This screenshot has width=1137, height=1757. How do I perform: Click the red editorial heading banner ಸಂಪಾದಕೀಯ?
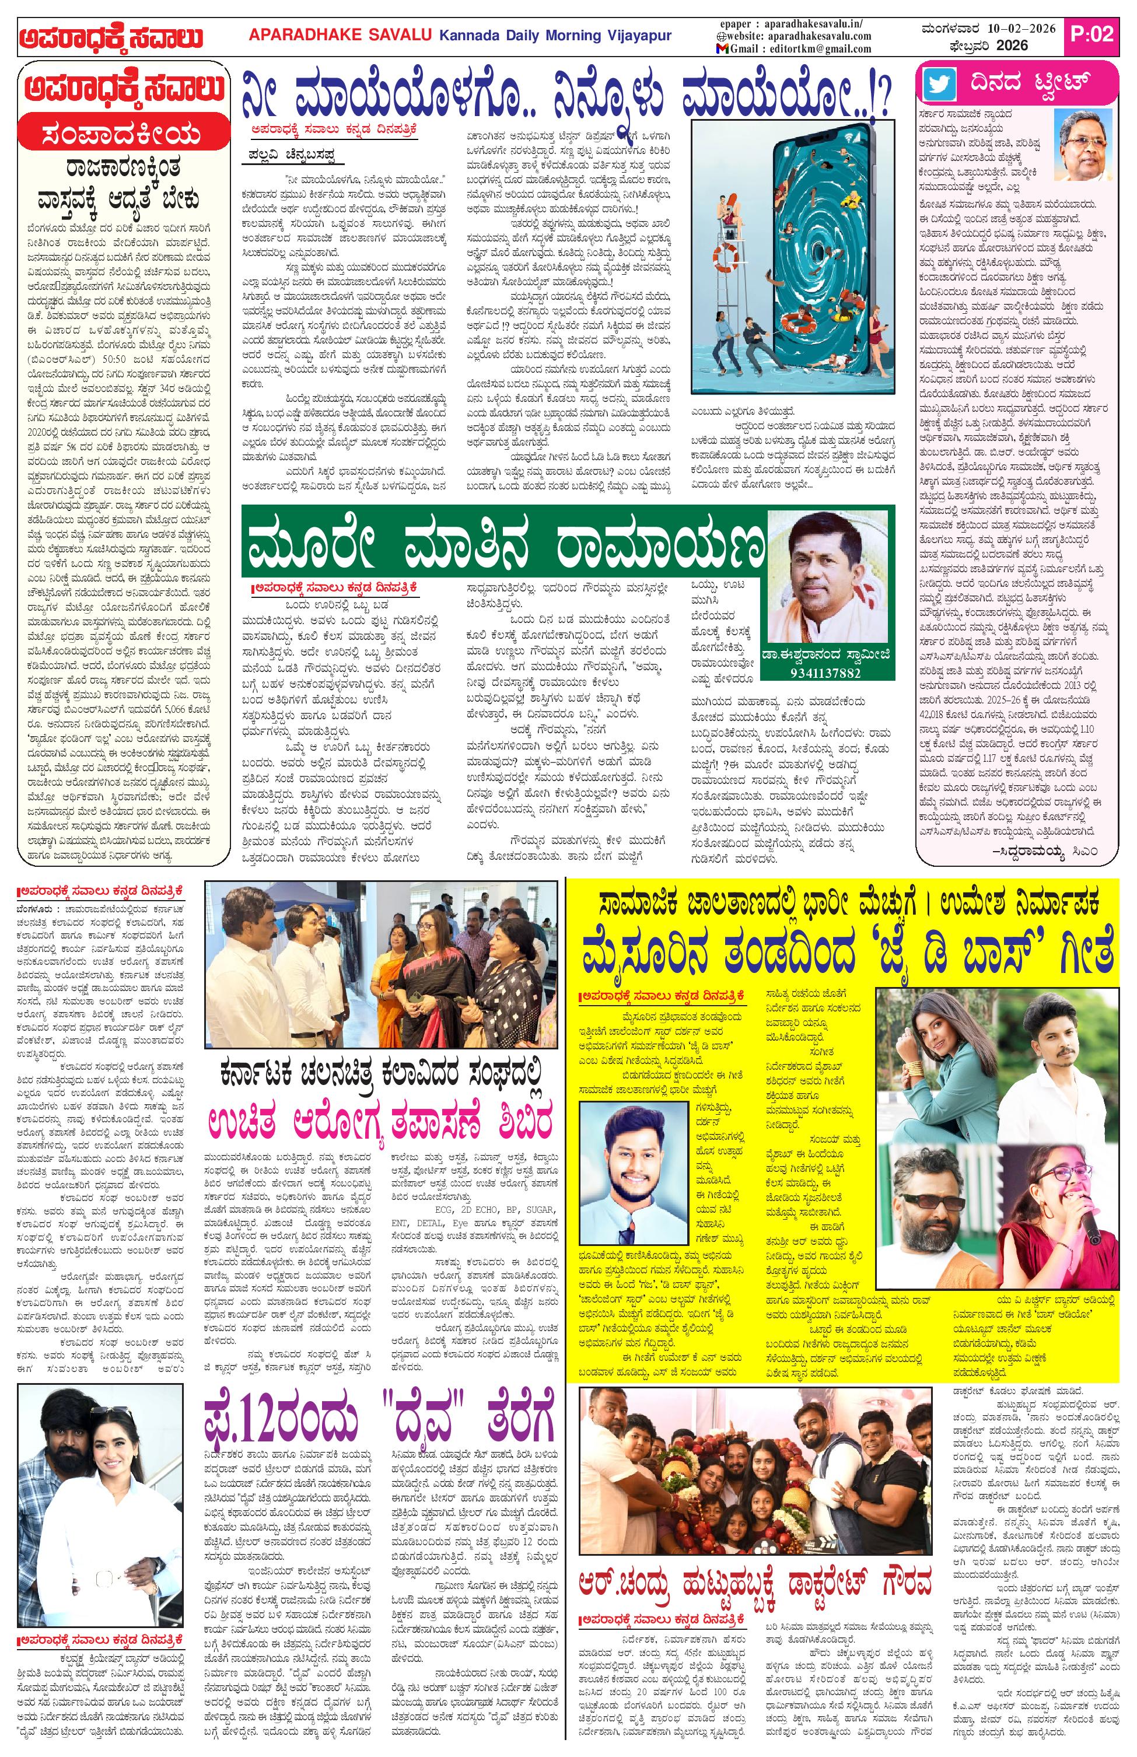[122, 136]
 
